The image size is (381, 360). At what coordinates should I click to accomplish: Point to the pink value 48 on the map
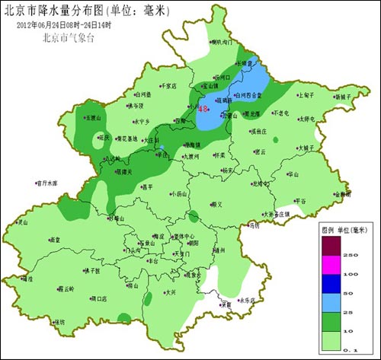pyautogui.click(x=203, y=109)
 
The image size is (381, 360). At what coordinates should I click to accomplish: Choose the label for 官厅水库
pyautogui.click(x=46, y=183)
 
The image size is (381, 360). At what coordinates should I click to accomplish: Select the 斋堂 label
pyautogui.click(x=54, y=240)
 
